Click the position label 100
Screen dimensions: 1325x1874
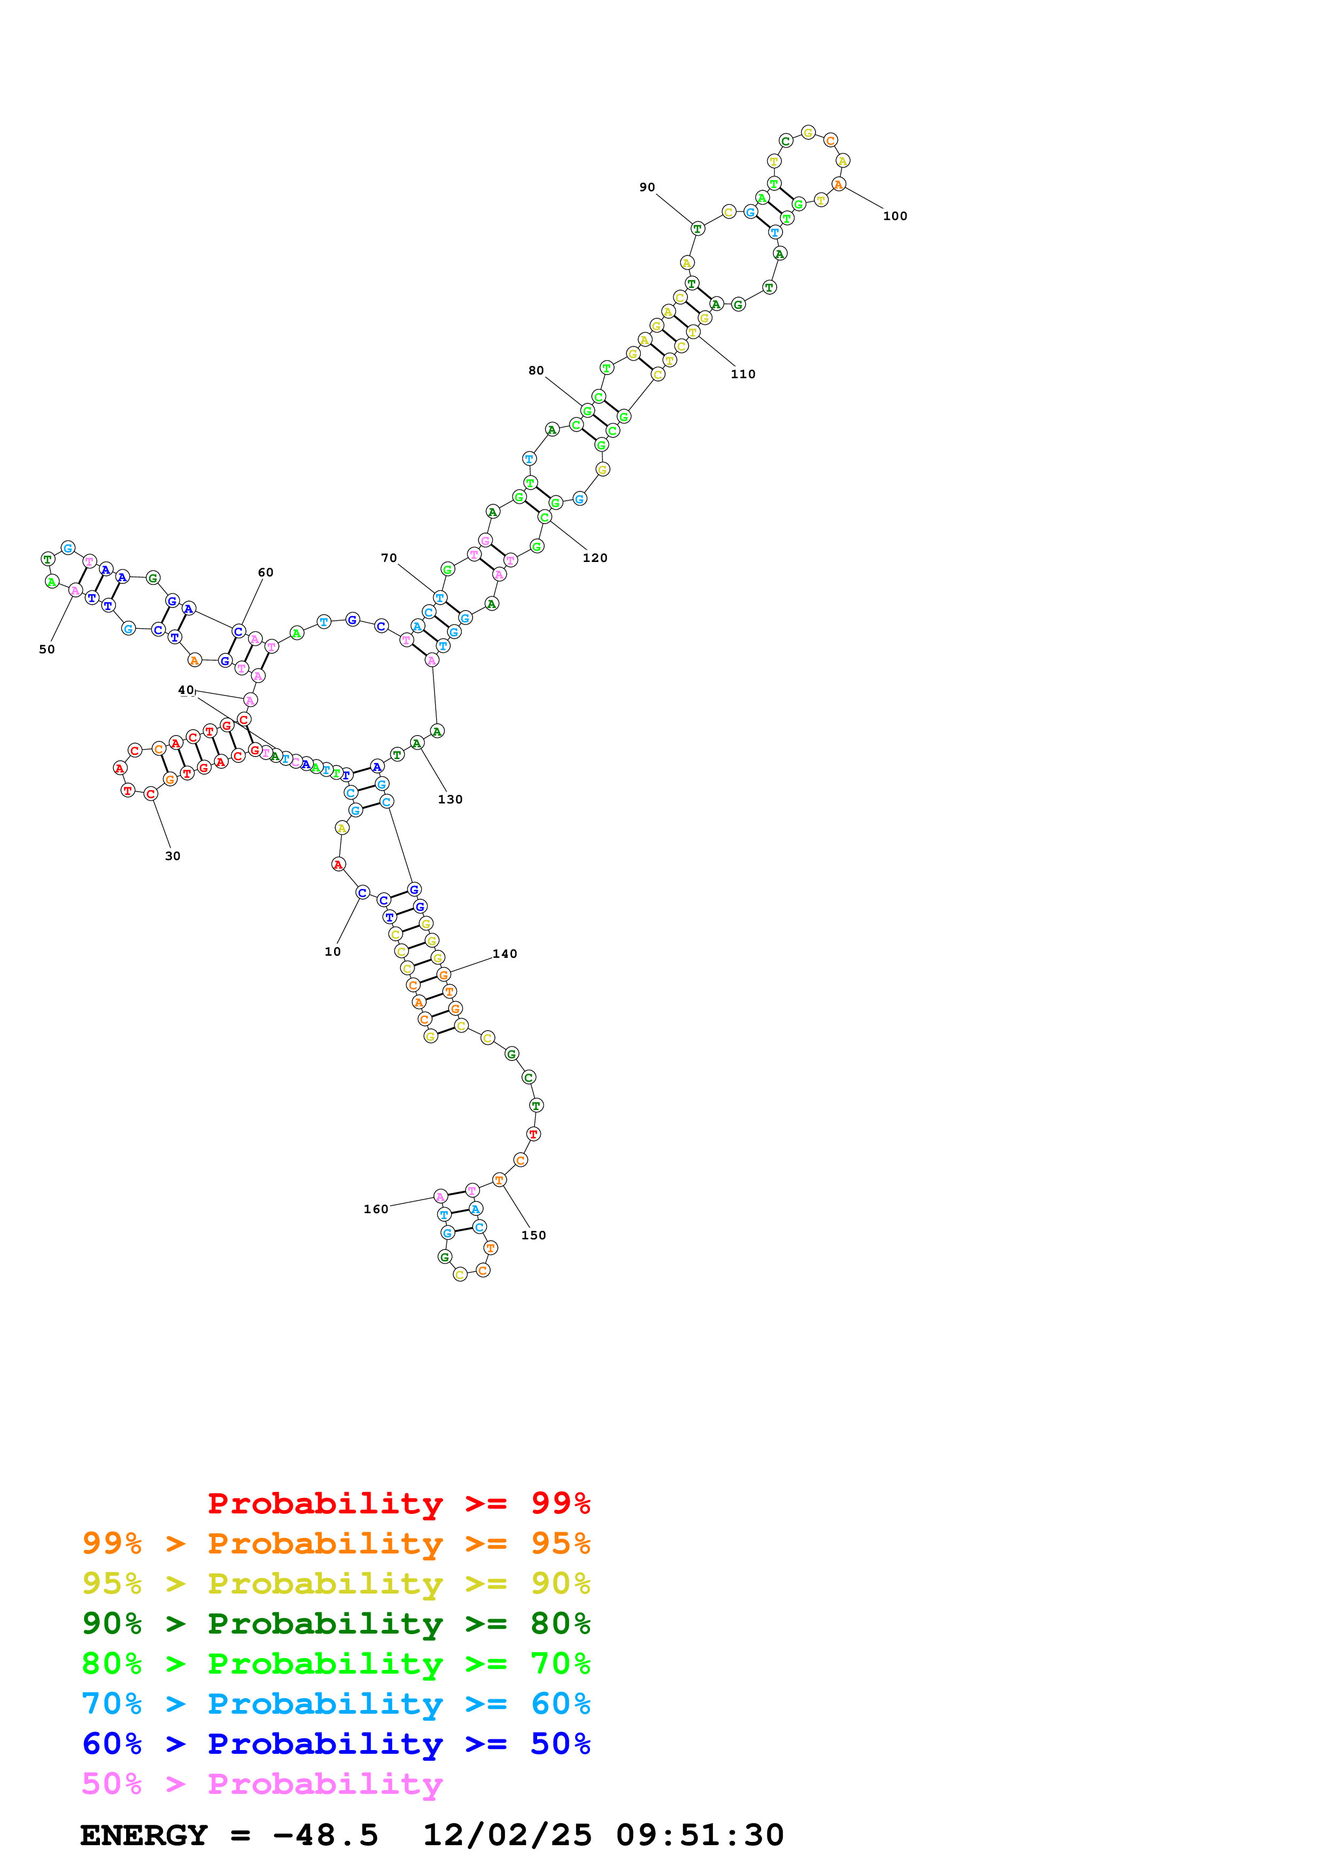point(895,216)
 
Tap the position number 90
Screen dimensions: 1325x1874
point(647,188)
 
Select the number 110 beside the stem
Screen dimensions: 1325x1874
point(742,374)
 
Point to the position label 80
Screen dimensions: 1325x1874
point(536,371)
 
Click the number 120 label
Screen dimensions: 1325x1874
point(594,558)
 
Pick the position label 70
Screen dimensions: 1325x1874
point(389,558)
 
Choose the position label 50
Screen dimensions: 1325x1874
point(47,650)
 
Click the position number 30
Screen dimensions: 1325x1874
point(172,856)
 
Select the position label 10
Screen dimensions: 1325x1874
point(332,952)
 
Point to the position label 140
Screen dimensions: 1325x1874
point(505,954)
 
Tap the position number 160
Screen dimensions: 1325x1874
point(376,1209)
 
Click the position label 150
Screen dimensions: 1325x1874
point(533,1236)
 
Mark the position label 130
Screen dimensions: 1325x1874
point(450,800)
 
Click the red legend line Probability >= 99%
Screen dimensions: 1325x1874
point(398,1503)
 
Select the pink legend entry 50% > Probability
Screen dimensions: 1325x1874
point(262,1784)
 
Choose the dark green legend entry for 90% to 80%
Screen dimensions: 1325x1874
point(336,1623)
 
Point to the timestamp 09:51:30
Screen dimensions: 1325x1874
point(700,1836)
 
